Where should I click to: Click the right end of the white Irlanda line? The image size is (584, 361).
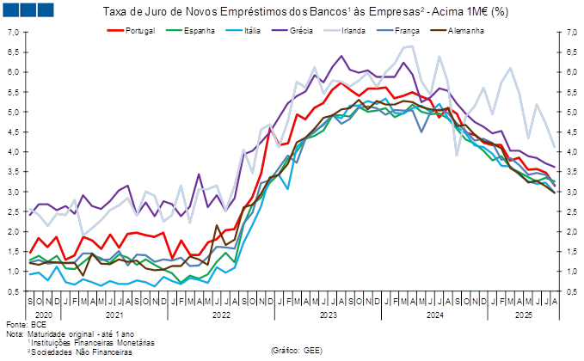click(x=554, y=147)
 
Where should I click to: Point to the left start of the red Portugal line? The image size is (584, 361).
click(x=30, y=253)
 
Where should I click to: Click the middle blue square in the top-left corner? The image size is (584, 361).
click(x=28, y=10)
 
